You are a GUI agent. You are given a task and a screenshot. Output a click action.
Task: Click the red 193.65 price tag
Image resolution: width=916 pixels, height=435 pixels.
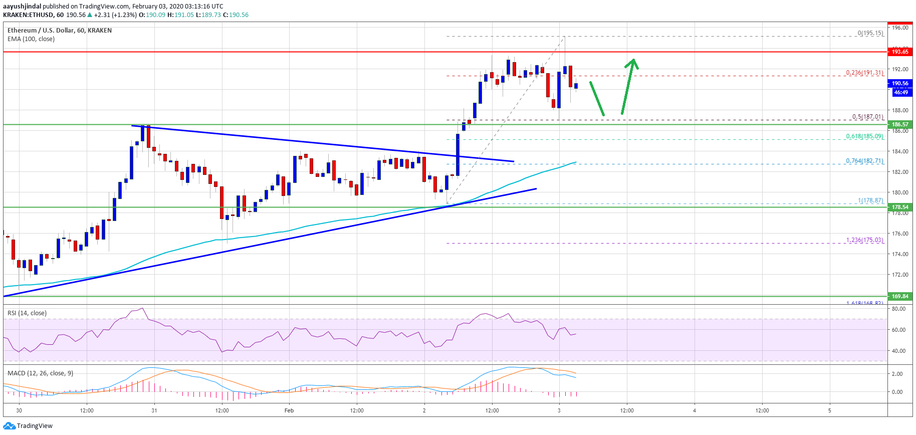point(899,52)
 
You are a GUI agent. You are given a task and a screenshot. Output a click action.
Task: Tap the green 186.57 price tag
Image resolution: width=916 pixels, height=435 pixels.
point(899,124)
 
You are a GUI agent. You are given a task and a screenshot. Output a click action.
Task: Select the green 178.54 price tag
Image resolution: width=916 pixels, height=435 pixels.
point(899,207)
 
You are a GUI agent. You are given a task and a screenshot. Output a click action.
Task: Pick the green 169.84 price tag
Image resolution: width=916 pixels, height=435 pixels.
point(899,296)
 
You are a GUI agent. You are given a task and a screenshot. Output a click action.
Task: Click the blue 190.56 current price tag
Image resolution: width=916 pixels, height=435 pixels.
point(899,84)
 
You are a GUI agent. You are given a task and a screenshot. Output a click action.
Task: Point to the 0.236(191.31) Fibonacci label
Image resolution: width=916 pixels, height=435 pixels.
point(864,73)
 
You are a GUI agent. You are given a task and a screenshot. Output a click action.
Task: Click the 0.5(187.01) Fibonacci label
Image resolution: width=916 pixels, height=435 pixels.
point(867,117)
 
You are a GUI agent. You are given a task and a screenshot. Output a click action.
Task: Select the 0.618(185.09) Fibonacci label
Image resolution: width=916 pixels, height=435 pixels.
point(864,136)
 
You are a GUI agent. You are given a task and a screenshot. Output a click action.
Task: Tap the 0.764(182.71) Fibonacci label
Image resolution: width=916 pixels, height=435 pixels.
point(864,161)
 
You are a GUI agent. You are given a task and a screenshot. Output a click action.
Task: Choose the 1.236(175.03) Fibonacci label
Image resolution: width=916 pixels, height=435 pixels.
point(864,240)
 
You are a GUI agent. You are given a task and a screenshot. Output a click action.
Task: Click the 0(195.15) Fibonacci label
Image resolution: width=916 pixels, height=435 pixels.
point(870,33)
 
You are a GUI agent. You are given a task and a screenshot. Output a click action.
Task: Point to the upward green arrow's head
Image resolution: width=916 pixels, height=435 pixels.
point(633,62)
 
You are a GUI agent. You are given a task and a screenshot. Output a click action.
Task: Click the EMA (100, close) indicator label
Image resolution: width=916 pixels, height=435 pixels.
point(31,39)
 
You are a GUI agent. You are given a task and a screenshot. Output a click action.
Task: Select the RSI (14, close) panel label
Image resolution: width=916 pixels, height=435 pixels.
point(27,313)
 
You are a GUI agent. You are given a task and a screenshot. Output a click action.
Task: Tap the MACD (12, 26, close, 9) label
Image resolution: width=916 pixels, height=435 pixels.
point(40,373)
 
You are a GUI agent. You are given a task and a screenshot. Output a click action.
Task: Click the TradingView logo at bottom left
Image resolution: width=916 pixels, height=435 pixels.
point(28,426)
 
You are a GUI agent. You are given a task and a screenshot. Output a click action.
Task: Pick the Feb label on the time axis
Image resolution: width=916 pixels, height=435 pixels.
point(289,410)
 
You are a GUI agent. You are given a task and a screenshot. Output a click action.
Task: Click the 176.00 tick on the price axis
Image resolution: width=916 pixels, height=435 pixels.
point(900,234)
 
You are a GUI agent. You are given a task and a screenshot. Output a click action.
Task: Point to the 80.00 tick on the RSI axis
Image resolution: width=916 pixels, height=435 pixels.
point(898,309)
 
